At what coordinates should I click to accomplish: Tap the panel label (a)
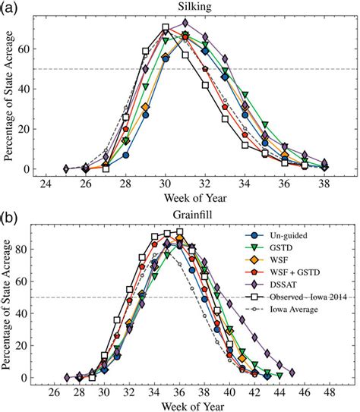[11, 8]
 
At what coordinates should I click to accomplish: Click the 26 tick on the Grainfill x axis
[54, 394]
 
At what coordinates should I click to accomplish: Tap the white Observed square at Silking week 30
[165, 28]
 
